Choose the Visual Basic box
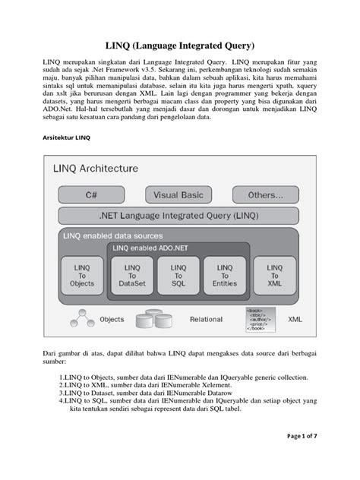[178, 194]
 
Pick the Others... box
[266, 194]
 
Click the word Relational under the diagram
[206, 321]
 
